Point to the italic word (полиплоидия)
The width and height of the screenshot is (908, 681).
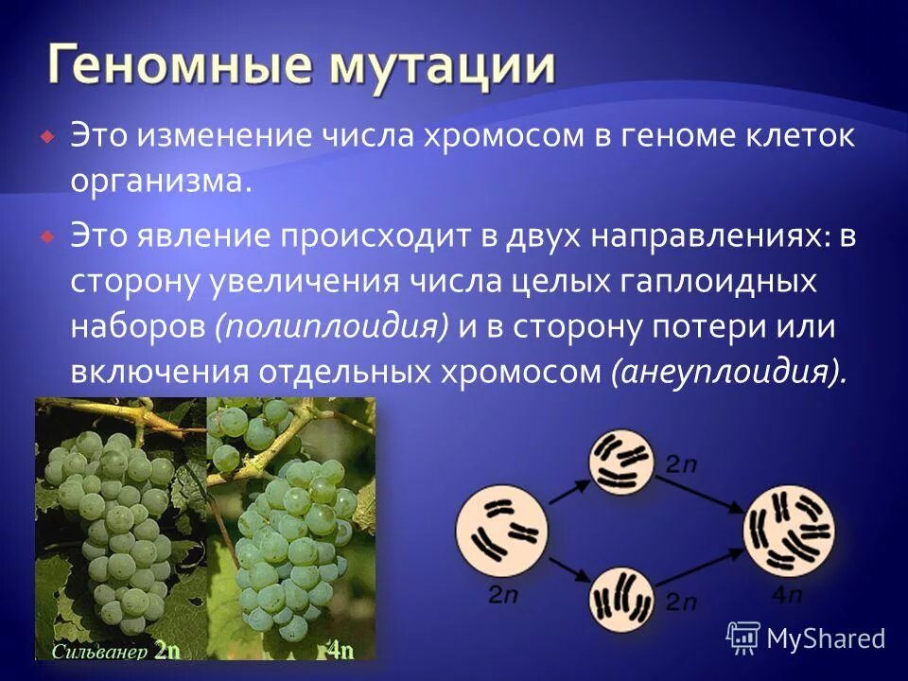click(332, 326)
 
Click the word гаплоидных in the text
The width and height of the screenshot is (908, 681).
click(720, 281)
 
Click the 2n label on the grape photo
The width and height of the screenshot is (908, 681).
click(166, 651)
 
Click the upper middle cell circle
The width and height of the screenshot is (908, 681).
click(621, 463)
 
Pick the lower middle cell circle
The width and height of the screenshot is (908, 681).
click(622, 599)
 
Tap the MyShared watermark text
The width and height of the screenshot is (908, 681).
click(825, 638)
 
